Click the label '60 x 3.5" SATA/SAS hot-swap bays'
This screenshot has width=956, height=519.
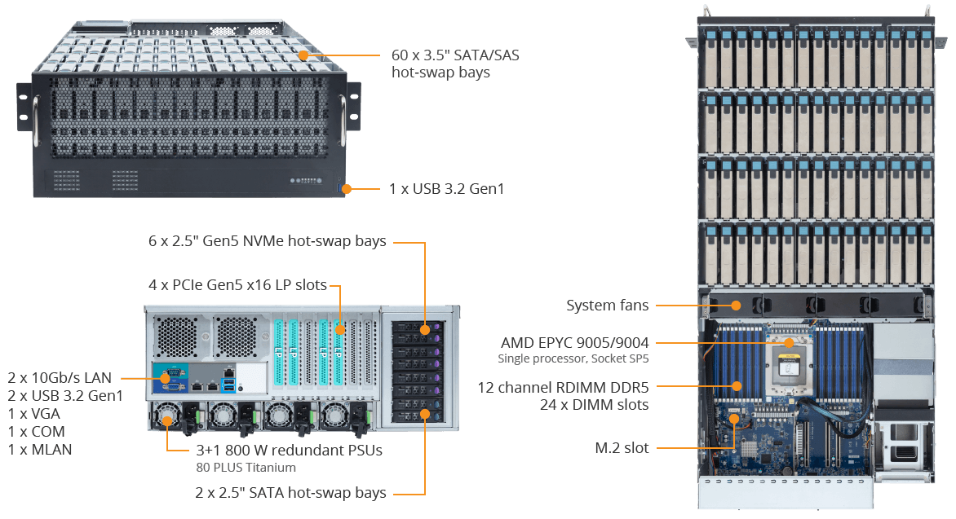click(x=455, y=64)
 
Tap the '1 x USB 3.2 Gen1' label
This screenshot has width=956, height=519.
click(x=447, y=189)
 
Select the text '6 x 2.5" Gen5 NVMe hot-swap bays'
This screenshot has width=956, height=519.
click(x=267, y=241)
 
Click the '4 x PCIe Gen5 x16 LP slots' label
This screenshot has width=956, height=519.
click(x=238, y=285)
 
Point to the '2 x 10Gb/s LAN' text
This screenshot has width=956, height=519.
click(x=60, y=378)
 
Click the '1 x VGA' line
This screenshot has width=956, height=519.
click(x=34, y=414)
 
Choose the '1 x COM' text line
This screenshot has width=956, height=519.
click(x=37, y=432)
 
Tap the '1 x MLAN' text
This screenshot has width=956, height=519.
click(x=40, y=450)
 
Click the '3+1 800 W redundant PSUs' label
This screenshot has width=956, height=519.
click(x=289, y=451)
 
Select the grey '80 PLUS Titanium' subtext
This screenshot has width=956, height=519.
click(x=246, y=467)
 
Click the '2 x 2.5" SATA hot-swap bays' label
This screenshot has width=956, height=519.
click(x=291, y=493)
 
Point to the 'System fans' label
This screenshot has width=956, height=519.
click(x=607, y=306)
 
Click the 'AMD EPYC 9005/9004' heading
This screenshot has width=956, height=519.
click(x=575, y=343)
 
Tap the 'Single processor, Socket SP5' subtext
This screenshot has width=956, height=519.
click(x=573, y=358)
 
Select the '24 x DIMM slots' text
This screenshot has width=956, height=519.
click(x=595, y=404)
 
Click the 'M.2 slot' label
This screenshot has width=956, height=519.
click(x=622, y=448)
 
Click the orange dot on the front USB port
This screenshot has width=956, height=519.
click(x=347, y=189)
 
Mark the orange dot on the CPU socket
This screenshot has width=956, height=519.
click(x=789, y=343)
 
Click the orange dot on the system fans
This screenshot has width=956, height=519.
click(x=737, y=306)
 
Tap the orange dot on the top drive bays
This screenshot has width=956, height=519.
click(x=303, y=55)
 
